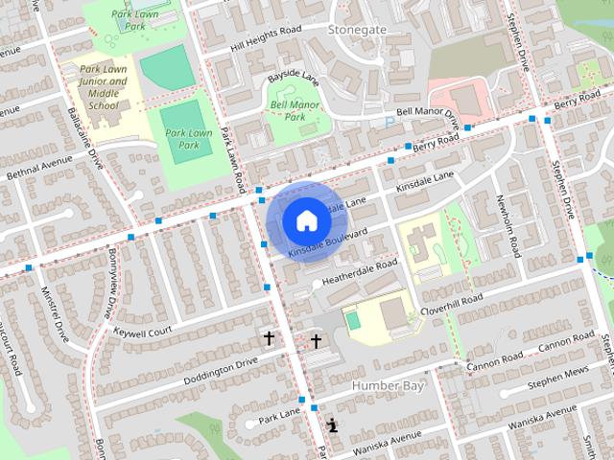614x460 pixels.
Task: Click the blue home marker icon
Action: (x=305, y=220)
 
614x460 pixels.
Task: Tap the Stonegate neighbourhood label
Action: (x=357, y=30)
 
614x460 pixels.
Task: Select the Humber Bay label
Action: (x=388, y=385)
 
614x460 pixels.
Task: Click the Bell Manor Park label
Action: (x=294, y=110)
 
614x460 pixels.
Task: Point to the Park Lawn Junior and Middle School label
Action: (x=103, y=93)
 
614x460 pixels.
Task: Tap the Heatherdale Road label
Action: (x=359, y=271)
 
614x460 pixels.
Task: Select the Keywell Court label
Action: (x=142, y=331)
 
